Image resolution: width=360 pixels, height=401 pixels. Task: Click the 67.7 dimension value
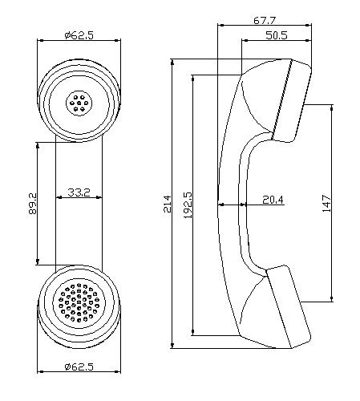point(265,20)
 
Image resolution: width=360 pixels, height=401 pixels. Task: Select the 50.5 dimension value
point(277,35)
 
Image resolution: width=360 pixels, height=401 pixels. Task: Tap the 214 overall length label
point(168,204)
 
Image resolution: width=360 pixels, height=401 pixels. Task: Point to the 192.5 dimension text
point(188,205)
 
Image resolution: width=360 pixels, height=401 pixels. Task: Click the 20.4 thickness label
point(273,200)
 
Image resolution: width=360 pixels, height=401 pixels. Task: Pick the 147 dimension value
point(326,204)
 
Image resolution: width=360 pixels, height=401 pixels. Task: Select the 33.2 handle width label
point(79,192)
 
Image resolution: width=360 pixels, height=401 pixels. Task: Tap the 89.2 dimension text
point(33,204)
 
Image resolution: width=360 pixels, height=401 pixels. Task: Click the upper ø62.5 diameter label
point(79,35)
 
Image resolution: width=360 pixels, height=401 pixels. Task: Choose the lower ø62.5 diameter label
point(79,367)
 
